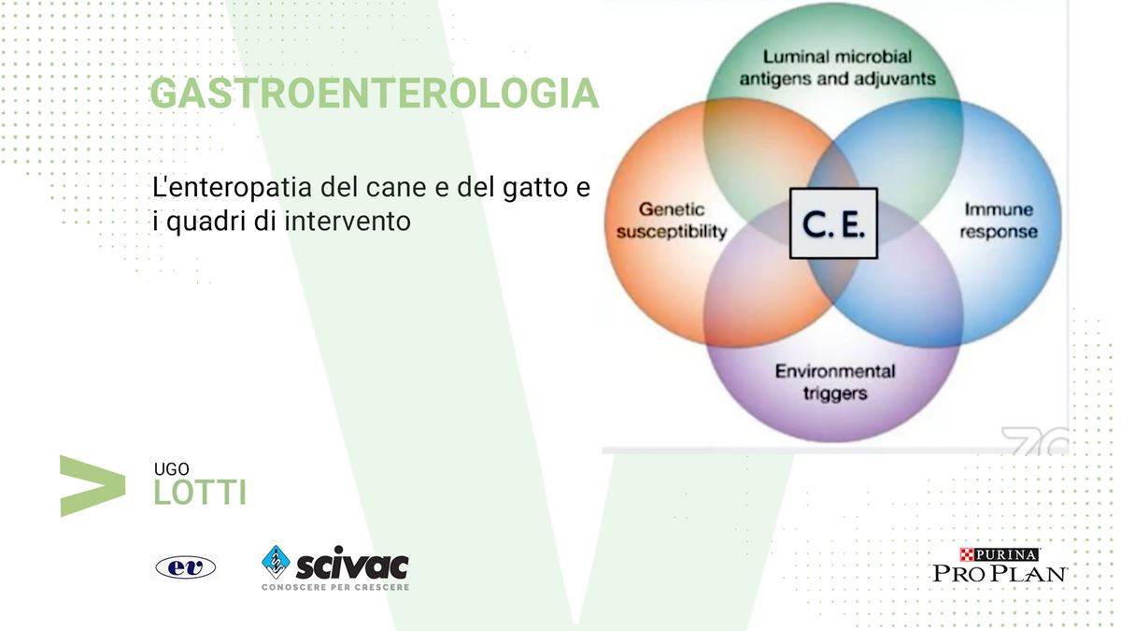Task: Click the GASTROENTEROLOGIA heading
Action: click(375, 93)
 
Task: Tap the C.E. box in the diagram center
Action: click(833, 223)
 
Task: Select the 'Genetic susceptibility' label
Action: click(672, 221)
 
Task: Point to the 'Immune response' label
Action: click(999, 221)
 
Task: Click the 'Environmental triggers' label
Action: click(835, 382)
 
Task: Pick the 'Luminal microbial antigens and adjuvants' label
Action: click(837, 67)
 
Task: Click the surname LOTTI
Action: click(200, 493)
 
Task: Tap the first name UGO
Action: click(171, 469)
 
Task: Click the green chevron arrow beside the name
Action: click(92, 486)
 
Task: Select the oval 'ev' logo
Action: click(185, 567)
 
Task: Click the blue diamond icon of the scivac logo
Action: click(276, 562)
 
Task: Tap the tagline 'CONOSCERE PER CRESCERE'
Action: click(335, 587)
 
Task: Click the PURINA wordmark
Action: click(999, 554)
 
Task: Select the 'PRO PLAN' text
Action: click(1000, 573)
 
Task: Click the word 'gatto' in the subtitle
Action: click(535, 188)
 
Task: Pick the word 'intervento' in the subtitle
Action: click(348, 222)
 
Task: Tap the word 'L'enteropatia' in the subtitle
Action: click(233, 188)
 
